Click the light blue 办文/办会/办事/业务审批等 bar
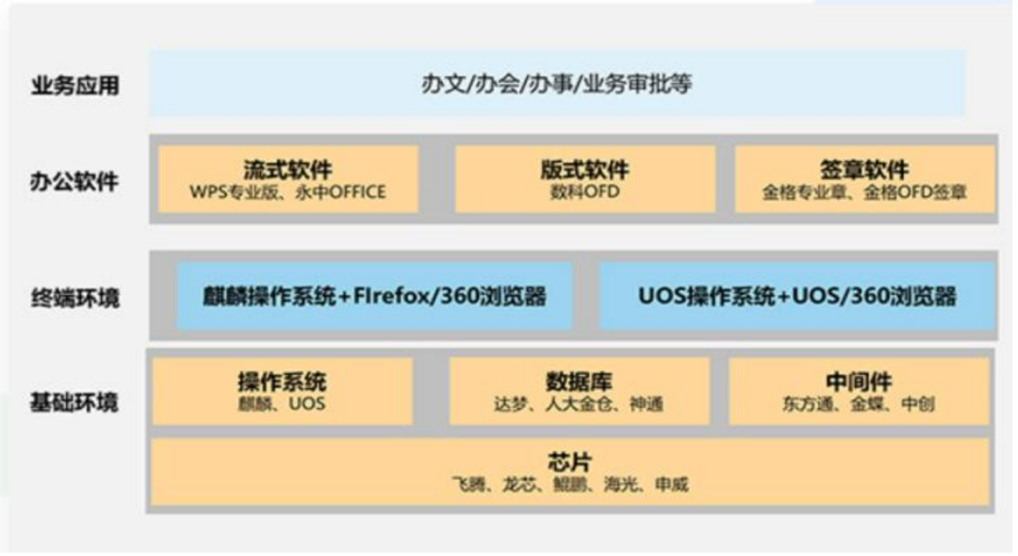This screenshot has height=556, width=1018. pos(556,84)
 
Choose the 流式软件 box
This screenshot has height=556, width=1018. pos(287,179)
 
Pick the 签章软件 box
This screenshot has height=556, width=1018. pos(863,179)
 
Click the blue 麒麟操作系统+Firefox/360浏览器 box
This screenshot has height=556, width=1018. pos(374,296)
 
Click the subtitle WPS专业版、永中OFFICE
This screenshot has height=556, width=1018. pos(287,194)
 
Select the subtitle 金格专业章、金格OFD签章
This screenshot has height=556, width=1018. pos(863,194)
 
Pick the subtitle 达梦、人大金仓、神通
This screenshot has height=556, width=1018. pos(578,406)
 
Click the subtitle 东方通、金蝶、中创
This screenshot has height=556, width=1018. pos(858,406)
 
